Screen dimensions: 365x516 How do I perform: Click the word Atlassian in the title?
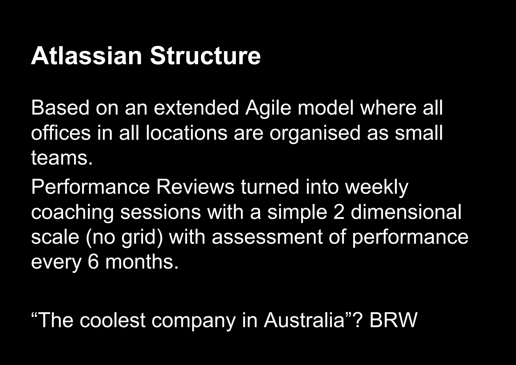tap(86, 56)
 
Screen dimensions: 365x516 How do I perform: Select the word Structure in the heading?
tap(205, 56)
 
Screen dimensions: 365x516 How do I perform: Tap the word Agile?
tap(268, 108)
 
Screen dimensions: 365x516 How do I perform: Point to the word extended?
tap(196, 108)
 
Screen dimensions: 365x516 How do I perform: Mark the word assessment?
tap(267, 238)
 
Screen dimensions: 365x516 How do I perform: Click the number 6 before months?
tap(93, 262)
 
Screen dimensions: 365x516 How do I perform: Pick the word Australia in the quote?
tap(304, 320)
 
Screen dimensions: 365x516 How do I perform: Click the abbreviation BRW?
tap(393, 320)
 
